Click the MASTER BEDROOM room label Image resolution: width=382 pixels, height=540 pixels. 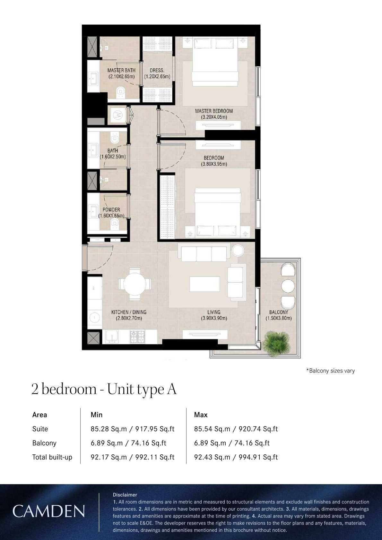pos(214,111)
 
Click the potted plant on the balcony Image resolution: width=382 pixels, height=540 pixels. pos(275,344)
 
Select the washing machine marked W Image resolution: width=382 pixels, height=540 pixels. pos(118,115)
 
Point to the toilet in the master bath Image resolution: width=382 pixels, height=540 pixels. pos(121,92)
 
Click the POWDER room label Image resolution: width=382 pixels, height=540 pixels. pos(111,210)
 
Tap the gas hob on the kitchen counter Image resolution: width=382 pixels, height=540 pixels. pos(137,336)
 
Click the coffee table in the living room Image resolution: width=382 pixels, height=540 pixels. pos(204,284)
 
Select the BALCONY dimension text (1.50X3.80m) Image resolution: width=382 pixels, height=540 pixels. pos(278,318)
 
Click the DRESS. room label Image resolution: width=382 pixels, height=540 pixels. pos(157,70)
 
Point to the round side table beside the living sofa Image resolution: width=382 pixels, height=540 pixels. pos(238,250)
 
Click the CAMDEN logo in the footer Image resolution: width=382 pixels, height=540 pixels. pos(48,511)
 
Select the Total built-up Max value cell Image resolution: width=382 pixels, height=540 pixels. pos(236,457)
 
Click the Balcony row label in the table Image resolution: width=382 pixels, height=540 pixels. pos(44,443)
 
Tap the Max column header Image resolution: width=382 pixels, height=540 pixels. pos(201,415)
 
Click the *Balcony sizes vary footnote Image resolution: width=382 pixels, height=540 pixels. pos(330,371)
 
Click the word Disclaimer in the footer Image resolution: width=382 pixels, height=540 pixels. pos(125,495)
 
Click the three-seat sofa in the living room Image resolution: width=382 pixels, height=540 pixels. pos(204,254)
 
